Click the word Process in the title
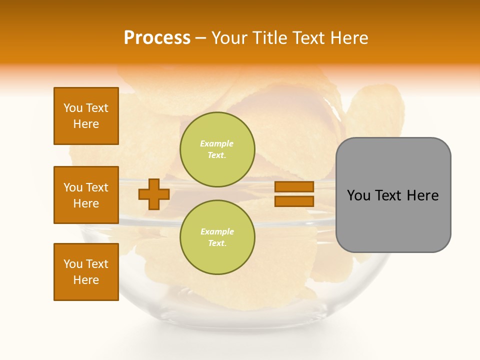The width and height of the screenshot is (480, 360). pyautogui.click(x=157, y=38)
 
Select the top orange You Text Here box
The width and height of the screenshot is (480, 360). pyautogui.click(x=86, y=116)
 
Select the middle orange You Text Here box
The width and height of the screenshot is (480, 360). pyautogui.click(x=86, y=195)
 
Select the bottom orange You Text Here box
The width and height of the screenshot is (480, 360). pyautogui.click(x=86, y=272)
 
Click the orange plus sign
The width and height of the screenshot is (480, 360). pyautogui.click(x=154, y=194)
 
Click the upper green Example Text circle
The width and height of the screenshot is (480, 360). pyautogui.click(x=217, y=149)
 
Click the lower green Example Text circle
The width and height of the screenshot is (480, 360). pyautogui.click(x=217, y=237)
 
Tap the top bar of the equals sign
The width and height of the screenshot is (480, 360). pyautogui.click(x=294, y=187)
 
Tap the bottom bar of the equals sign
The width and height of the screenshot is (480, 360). pyautogui.click(x=294, y=201)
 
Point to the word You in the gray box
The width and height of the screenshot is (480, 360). pyautogui.click(x=358, y=195)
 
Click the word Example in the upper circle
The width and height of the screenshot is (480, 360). pyautogui.click(x=216, y=143)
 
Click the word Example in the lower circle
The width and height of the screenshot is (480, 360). pyautogui.click(x=216, y=231)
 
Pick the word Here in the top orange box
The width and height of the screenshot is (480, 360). pyautogui.click(x=86, y=124)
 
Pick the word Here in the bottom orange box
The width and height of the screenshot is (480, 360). pyautogui.click(x=86, y=280)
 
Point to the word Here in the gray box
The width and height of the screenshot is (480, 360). pyautogui.click(x=422, y=195)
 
